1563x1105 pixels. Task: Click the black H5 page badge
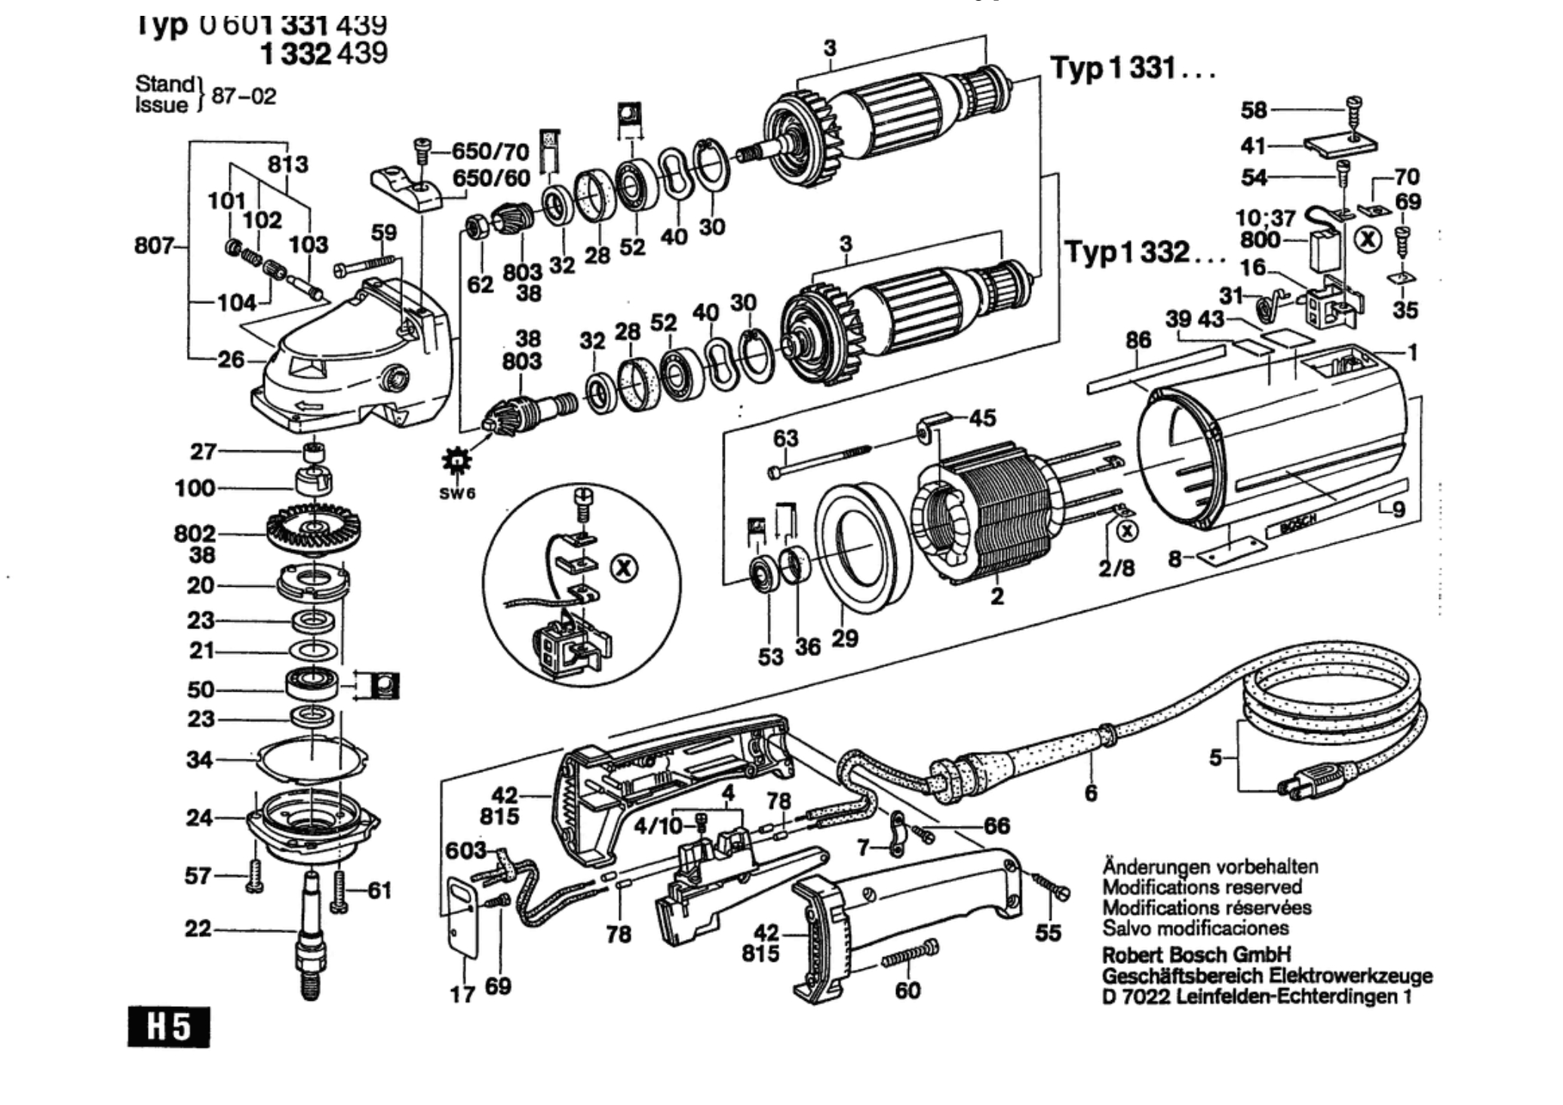click(x=168, y=1027)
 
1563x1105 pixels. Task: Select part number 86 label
click(x=1138, y=340)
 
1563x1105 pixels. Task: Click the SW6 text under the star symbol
click(x=457, y=494)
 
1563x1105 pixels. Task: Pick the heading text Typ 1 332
click(x=1145, y=252)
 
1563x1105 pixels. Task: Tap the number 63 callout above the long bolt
click(x=785, y=438)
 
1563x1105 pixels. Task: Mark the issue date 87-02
click(x=244, y=97)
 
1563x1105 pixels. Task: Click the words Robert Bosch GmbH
click(x=1196, y=953)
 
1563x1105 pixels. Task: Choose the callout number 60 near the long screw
click(x=907, y=990)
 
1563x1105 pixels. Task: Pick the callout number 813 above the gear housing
click(x=287, y=164)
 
